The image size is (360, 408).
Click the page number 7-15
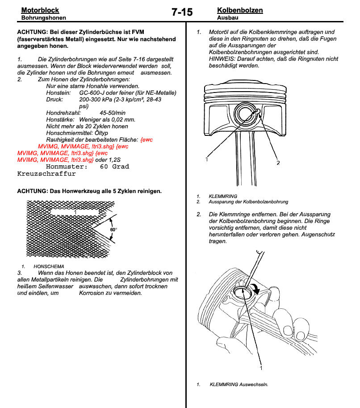(182, 13)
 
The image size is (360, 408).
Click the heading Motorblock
(40, 10)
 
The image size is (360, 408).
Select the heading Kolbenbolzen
(240, 10)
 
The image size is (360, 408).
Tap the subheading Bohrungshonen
(44, 18)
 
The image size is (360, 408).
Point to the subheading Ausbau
(227, 18)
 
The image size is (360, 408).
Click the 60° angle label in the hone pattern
(113, 229)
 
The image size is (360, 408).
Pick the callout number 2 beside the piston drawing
(278, 163)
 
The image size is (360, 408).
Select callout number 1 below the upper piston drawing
(207, 159)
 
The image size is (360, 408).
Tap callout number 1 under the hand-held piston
(261, 368)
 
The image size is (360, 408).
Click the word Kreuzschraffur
(46, 173)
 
